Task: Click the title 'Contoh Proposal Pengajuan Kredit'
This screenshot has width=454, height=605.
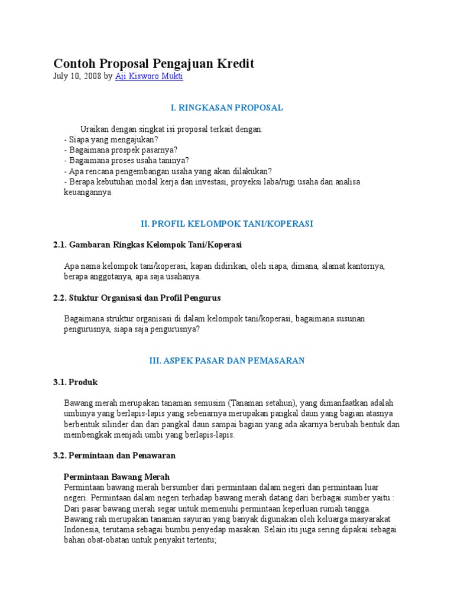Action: (x=154, y=63)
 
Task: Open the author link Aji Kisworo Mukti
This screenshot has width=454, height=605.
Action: (x=149, y=77)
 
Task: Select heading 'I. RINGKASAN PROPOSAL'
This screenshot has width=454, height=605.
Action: (x=226, y=108)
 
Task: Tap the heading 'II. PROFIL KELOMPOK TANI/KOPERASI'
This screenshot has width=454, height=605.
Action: (x=226, y=224)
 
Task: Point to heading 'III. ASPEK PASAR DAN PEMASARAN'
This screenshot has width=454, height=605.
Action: (x=226, y=360)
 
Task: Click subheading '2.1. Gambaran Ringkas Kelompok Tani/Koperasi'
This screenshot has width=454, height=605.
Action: (x=147, y=244)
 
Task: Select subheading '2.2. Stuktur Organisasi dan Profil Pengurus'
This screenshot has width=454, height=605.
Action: (x=137, y=298)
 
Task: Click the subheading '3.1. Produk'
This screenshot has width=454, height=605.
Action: (x=75, y=382)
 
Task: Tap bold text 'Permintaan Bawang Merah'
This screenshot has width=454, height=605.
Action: (x=116, y=476)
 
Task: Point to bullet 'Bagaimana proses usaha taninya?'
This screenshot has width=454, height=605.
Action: (x=126, y=161)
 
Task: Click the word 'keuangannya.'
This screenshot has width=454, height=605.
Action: (x=87, y=193)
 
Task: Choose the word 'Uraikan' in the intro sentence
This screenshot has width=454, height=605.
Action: (x=95, y=129)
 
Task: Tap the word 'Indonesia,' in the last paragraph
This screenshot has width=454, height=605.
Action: (x=82, y=529)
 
